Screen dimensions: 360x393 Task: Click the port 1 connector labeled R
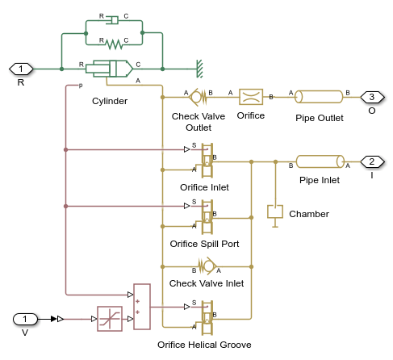20,69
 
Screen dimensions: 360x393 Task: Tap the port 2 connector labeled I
371,161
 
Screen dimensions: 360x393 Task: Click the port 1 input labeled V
25,319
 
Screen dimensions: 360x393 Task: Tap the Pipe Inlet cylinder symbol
320,161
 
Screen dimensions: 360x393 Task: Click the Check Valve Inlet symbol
206,265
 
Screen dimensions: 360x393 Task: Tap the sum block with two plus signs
142,307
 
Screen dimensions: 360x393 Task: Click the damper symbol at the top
114,19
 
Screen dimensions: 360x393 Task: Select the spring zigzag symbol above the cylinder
114,40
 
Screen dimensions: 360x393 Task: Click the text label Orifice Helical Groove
204,345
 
